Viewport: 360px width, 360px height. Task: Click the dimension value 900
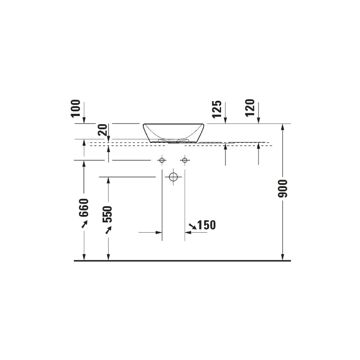coord(283,189)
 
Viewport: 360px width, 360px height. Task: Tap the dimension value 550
coord(107,214)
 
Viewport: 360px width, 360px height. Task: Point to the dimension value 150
coord(207,225)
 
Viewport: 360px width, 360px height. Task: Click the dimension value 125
coord(217,109)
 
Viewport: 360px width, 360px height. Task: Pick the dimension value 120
coord(250,108)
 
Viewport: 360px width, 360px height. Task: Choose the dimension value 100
coord(76,108)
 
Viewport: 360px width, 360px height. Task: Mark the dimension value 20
coord(103,130)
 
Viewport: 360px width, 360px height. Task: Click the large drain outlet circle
coord(174,177)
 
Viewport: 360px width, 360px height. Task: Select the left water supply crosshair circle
coord(162,160)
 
